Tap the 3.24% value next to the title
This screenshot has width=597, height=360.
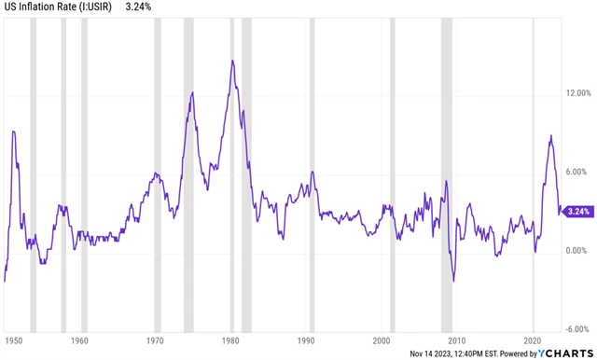click(x=141, y=9)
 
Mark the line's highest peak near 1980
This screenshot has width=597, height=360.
click(x=231, y=61)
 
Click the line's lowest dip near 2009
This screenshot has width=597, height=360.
click(x=453, y=281)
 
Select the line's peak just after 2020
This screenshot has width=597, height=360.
click(x=550, y=136)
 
